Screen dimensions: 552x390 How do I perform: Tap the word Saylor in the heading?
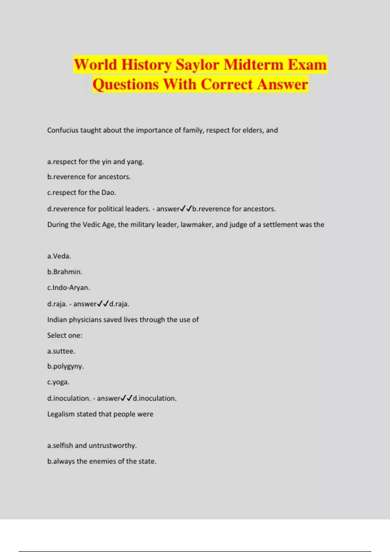[x=197, y=65]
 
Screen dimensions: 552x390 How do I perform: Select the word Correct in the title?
[x=227, y=84]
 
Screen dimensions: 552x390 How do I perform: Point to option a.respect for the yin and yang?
[x=95, y=162]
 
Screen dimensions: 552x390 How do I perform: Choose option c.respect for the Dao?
[x=81, y=193]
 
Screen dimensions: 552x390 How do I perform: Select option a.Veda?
[x=59, y=256]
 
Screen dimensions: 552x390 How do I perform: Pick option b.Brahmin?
[x=65, y=272]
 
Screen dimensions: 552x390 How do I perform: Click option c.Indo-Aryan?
[x=68, y=288]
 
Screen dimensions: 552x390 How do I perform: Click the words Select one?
[x=65, y=335]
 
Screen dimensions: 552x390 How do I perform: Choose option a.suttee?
[x=61, y=351]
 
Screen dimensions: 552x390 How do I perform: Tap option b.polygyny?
[x=65, y=367]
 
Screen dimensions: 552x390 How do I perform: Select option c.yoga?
[x=58, y=382]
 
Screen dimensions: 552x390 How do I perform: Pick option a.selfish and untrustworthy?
[x=92, y=445]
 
